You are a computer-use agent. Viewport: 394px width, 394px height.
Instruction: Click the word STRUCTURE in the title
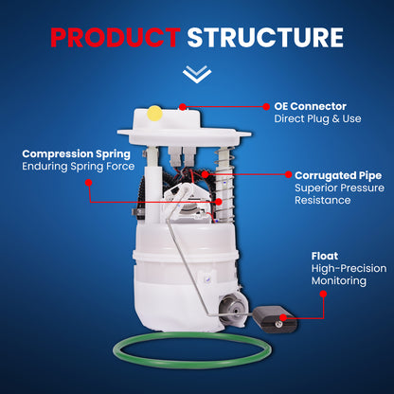pos(264,38)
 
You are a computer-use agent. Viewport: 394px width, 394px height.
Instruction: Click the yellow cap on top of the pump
pos(154,114)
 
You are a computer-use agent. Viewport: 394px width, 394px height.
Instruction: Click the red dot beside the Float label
pos(323,294)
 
